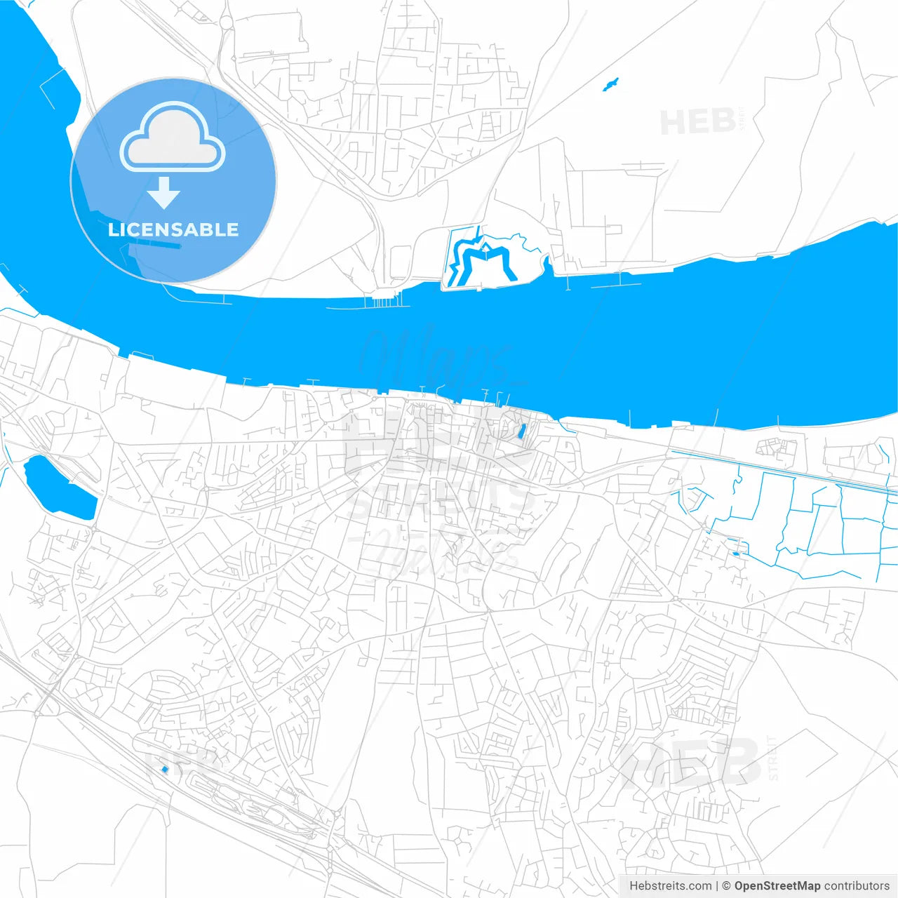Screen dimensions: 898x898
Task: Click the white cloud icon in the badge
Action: coord(173,138)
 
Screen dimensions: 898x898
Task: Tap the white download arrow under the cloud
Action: coord(164,193)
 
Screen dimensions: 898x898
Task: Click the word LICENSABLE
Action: coord(173,229)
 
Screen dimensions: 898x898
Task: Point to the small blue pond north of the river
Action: coord(611,85)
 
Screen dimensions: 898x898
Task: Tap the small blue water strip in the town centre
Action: coord(521,431)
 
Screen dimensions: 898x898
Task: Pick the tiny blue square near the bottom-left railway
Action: coord(165,770)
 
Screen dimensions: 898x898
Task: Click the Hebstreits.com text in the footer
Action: coord(670,886)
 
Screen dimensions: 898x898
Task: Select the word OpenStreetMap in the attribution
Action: coord(777,886)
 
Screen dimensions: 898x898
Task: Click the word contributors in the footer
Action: coord(856,886)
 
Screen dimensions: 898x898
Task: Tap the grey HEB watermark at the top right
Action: coord(697,122)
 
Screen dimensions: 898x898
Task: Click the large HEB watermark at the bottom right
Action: coord(691,763)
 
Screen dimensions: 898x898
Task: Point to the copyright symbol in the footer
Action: coord(727,886)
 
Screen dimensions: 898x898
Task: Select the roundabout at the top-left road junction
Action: coord(226,22)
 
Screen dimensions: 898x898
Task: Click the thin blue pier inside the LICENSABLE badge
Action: coord(160,245)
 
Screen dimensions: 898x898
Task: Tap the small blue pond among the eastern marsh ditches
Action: coord(735,554)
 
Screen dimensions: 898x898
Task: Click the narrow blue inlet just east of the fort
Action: coord(546,265)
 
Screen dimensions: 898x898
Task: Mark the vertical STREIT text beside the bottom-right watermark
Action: coord(773,758)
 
